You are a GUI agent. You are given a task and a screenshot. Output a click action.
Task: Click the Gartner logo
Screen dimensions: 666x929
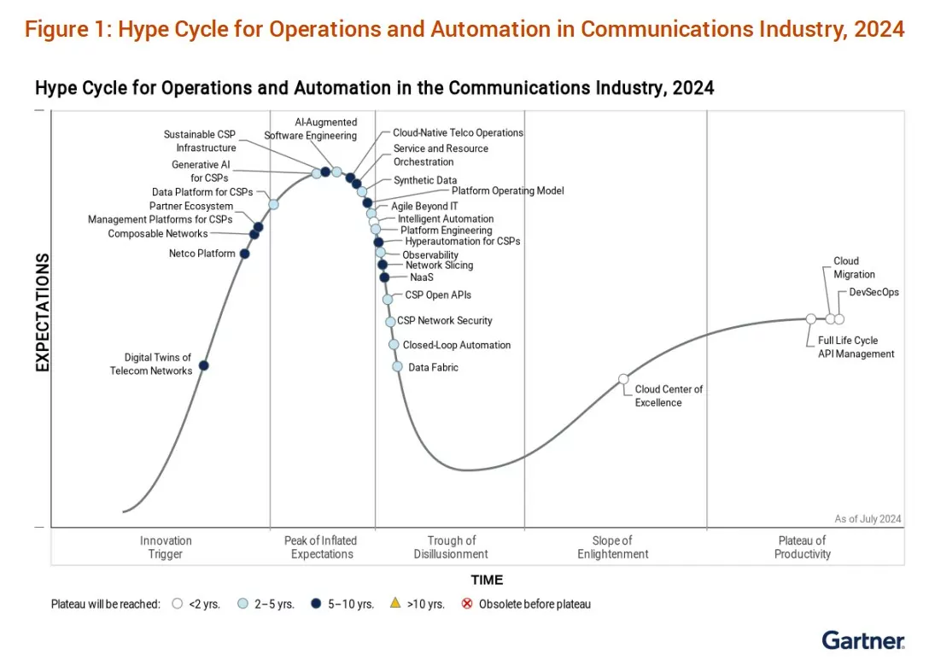click(x=863, y=640)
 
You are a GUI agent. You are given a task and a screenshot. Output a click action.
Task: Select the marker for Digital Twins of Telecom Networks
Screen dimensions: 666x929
click(x=203, y=365)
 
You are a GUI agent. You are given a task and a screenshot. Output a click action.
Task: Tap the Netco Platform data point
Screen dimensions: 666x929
click(x=244, y=254)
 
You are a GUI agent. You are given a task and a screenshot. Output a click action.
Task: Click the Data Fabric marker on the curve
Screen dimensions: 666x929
click(x=397, y=366)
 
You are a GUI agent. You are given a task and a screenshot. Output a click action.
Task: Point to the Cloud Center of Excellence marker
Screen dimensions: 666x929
click(x=623, y=378)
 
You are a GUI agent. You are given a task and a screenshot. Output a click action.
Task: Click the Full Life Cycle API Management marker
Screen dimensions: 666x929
click(x=810, y=318)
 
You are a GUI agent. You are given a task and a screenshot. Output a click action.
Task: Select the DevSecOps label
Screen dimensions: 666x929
click(x=873, y=292)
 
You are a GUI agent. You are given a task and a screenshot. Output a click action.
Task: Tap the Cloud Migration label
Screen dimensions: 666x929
click(x=854, y=268)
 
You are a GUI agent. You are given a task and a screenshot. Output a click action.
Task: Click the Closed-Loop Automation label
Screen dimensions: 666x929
click(x=456, y=345)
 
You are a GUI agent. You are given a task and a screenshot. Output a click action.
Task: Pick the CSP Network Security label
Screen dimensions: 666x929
click(x=444, y=320)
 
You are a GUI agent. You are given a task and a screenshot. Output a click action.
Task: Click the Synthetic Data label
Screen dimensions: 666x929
click(x=424, y=180)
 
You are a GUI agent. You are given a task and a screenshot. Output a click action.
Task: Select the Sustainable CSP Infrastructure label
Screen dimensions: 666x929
click(x=200, y=141)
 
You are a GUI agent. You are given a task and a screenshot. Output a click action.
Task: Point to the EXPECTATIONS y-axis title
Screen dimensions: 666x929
click(x=42, y=312)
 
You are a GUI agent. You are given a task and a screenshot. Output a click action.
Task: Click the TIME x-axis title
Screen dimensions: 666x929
click(x=487, y=580)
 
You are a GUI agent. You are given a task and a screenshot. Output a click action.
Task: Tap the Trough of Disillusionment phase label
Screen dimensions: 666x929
click(x=451, y=547)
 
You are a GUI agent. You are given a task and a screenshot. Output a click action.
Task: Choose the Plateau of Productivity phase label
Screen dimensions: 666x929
click(x=802, y=547)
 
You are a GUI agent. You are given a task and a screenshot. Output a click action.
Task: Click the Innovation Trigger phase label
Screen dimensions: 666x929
click(x=166, y=547)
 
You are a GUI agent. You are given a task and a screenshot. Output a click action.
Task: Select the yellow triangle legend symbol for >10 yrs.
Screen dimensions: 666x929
click(x=394, y=604)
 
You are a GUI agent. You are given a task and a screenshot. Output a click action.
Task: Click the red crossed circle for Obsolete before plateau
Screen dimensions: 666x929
click(x=466, y=604)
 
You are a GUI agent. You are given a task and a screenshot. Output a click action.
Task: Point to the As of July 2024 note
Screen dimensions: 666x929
click(x=868, y=518)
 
